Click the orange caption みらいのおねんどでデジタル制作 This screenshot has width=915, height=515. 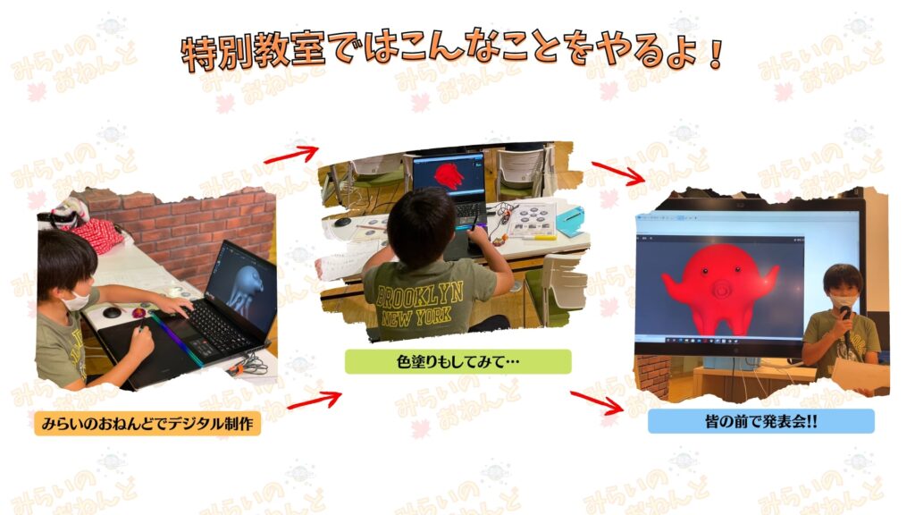coord(147,423)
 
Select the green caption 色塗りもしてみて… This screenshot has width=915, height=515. coord(458,361)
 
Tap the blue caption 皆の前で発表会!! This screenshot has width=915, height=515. coord(761,421)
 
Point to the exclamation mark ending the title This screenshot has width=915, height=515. coord(716,55)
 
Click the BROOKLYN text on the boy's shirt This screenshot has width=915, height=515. coord(420,295)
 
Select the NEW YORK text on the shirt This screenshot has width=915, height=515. coord(416,317)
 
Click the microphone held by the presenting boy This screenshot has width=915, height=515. coord(845,320)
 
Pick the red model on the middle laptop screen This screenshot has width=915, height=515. coord(448,174)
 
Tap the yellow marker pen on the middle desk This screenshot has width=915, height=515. coord(539,238)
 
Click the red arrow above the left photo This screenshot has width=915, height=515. coord(292,155)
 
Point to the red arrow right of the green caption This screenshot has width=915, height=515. coord(596,402)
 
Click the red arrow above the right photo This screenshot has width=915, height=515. coord(618,173)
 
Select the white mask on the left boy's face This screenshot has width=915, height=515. coord(76,301)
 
